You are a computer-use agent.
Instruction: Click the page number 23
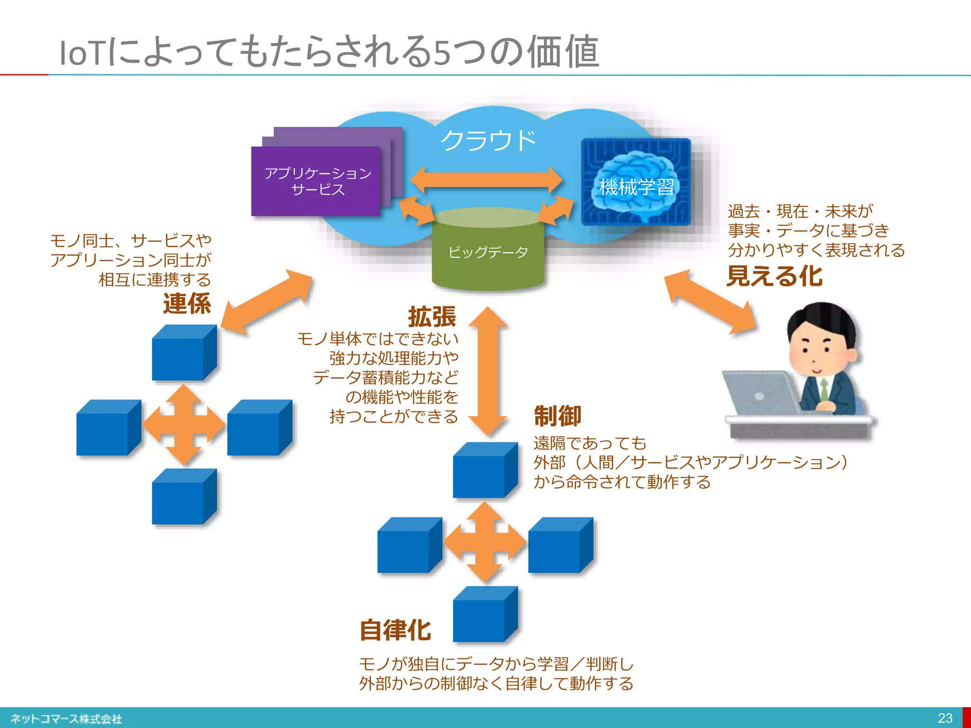pos(945,718)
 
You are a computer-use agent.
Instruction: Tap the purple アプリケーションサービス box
pos(317,182)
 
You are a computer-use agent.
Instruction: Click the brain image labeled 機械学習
pos(636,182)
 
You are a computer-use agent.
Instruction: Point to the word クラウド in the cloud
pos(488,141)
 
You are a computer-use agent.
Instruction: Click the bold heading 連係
pos(187,304)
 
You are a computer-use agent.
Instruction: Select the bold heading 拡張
pos(432,317)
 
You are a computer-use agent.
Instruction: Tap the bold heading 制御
pos(558,416)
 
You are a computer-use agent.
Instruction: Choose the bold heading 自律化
pos(395,630)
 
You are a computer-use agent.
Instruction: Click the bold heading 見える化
pos(774,276)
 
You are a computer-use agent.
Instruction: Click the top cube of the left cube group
pos(183,353)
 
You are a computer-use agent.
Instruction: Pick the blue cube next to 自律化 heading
pos(485,615)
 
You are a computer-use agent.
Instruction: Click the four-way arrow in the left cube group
pos(184,425)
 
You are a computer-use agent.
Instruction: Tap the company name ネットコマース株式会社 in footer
pos(66,719)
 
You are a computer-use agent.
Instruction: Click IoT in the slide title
pos(82,53)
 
